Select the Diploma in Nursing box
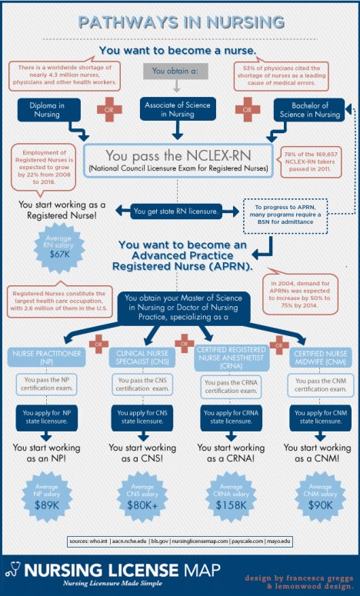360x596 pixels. click(x=45, y=109)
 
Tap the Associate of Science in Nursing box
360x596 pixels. click(x=179, y=109)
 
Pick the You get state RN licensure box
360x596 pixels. click(x=176, y=210)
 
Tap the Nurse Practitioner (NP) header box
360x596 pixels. click(x=45, y=357)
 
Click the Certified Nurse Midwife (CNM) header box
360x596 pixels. click(x=316, y=357)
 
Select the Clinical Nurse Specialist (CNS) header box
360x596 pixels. click(x=143, y=357)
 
